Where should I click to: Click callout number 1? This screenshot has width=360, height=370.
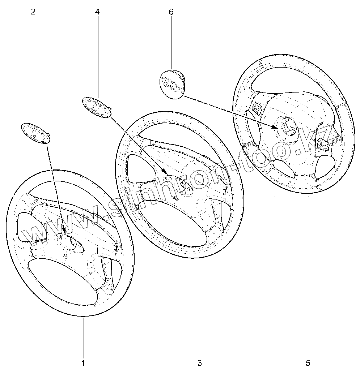[x=83, y=362]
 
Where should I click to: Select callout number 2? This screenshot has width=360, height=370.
[x=33, y=12]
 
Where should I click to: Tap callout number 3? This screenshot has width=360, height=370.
[x=200, y=362]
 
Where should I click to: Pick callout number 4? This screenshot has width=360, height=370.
[x=97, y=12]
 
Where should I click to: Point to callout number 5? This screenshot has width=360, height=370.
[x=308, y=362]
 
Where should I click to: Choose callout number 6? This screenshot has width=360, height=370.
[x=171, y=12]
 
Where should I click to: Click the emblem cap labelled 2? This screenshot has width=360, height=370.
[x=36, y=133]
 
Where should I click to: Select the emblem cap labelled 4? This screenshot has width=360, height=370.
[x=97, y=107]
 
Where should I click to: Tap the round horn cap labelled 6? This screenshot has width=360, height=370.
[x=173, y=84]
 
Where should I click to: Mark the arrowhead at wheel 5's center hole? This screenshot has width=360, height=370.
[x=276, y=126]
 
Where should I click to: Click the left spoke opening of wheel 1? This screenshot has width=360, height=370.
[x=31, y=227]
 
